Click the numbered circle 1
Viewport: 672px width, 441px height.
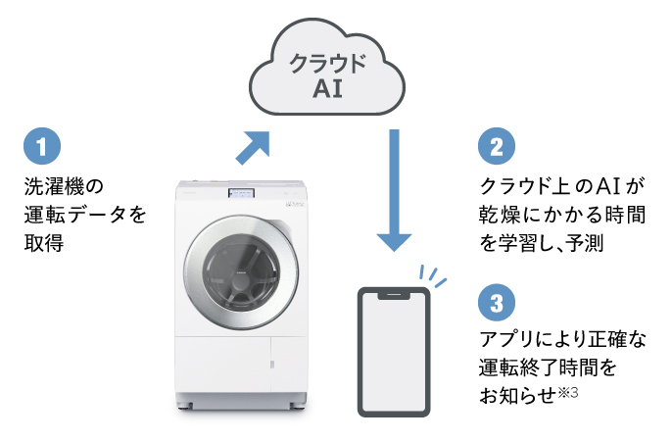(41, 147)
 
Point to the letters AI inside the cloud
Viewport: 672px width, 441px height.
(327, 90)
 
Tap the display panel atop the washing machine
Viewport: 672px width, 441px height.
(241, 193)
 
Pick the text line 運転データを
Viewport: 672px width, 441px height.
(84, 214)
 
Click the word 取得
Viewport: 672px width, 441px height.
(43, 243)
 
